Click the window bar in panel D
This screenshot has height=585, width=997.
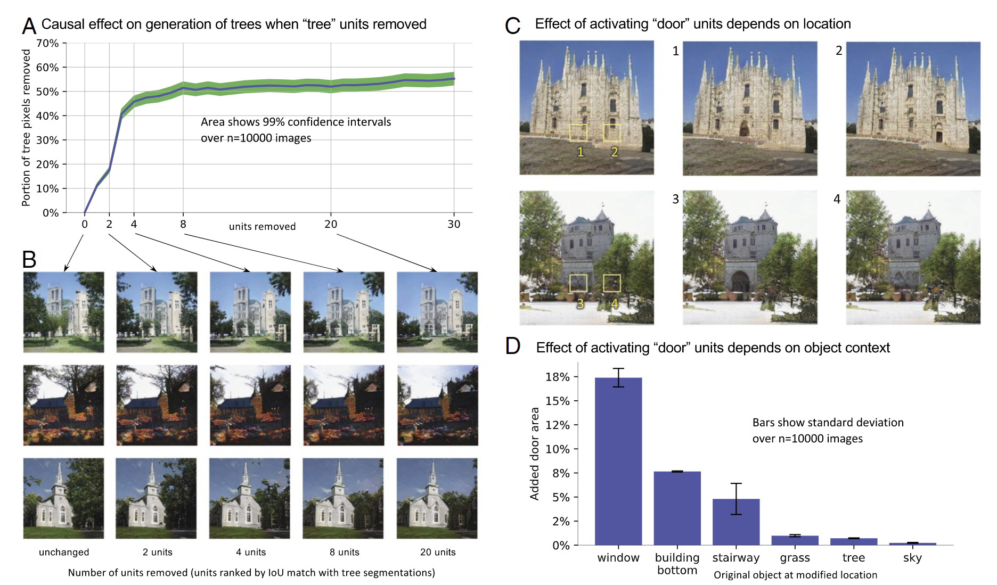tap(618, 461)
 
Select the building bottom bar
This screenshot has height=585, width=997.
tap(677, 508)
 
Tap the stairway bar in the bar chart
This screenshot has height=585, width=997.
tap(736, 522)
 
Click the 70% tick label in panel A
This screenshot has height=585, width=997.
tap(47, 43)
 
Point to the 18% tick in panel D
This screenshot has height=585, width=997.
tap(558, 377)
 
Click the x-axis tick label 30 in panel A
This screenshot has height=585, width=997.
tap(454, 224)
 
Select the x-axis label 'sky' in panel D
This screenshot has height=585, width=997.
tap(912, 558)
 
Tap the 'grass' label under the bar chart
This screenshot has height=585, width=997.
tap(795, 558)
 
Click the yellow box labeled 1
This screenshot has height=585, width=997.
tap(578, 133)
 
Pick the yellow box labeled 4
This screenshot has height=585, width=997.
tap(611, 283)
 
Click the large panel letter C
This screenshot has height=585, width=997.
tap(512, 26)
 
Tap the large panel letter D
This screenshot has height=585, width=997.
tap(512, 346)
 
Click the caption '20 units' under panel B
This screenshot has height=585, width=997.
tap(438, 552)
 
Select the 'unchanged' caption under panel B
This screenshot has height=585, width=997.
tap(64, 552)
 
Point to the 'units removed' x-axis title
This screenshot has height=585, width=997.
tap(262, 226)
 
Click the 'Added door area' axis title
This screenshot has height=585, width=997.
tap(534, 454)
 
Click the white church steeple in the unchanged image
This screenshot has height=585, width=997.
tap(59, 474)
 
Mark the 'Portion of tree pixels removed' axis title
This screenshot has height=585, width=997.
tap(26, 128)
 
